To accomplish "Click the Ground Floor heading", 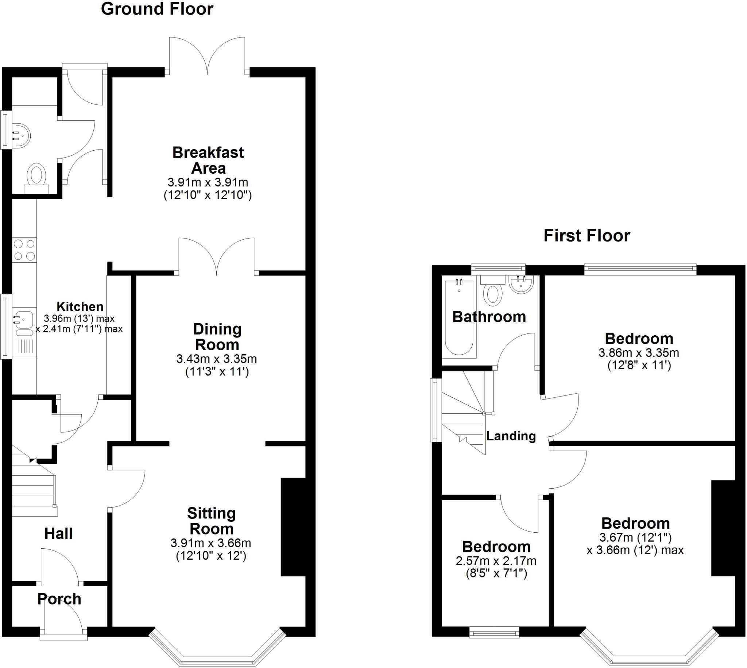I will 157,9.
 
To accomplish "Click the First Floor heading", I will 587,236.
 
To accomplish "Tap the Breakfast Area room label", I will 208,161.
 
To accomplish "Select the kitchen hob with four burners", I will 24,250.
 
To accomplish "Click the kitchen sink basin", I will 23,318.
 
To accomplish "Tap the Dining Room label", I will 217,337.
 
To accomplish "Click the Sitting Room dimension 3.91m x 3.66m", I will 210,543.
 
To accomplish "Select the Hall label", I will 58,534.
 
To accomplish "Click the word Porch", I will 59,599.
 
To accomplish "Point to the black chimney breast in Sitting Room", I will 293,527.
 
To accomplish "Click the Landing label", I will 511,436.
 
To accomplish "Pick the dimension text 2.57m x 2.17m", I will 496,561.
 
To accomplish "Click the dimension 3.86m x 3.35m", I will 639,353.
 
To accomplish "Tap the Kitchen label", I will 80,306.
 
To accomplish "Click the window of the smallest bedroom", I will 494,633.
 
